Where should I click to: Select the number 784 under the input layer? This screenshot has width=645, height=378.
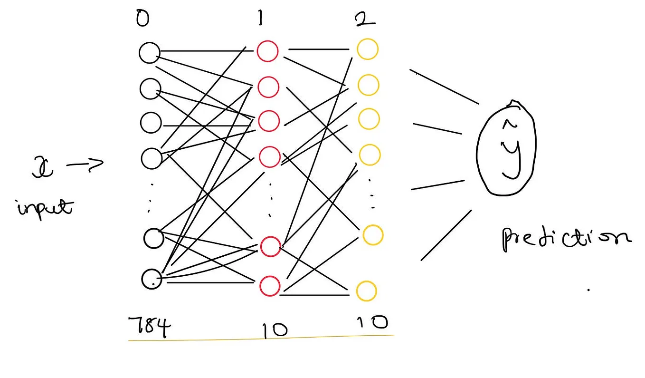149,328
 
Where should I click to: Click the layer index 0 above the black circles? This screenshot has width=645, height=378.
142,20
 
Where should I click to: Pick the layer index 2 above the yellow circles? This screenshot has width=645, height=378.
364,20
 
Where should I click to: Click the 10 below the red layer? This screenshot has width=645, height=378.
274,329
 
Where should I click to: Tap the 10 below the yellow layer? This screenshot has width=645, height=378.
372,323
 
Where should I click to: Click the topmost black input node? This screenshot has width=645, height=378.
150,52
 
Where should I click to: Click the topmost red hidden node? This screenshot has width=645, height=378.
267,51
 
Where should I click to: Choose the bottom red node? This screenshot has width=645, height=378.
269,286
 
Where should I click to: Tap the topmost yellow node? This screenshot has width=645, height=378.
368,49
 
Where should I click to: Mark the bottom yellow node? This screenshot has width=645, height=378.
366,291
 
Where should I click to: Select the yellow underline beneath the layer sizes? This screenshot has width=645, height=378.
261,338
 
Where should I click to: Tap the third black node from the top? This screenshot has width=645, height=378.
151,122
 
